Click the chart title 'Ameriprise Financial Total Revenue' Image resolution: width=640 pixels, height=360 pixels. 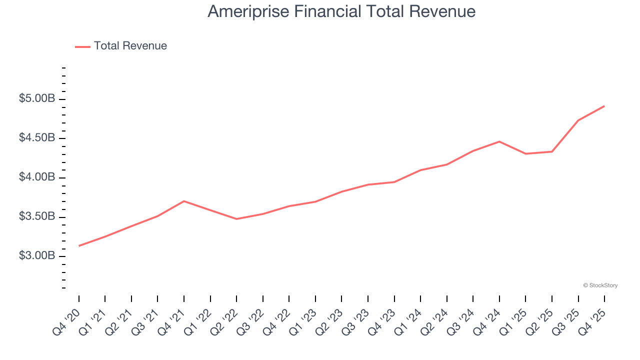[x=341, y=11]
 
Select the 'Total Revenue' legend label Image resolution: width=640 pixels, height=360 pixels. [x=130, y=46]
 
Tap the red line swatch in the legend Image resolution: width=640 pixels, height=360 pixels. [x=82, y=46]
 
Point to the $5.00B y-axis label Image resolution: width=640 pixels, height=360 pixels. [x=37, y=99]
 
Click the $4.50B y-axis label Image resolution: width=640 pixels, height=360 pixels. [x=37, y=138]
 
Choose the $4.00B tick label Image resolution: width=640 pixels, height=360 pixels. [x=37, y=177]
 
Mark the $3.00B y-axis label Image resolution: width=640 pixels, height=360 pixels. [x=37, y=256]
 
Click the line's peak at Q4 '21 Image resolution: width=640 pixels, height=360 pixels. [x=184, y=201]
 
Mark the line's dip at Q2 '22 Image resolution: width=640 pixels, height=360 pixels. [x=236, y=219]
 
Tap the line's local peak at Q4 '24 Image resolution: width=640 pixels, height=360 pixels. [x=499, y=141]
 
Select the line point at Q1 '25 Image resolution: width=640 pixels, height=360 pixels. [x=525, y=153]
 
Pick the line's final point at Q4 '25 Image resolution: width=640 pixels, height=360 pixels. [x=604, y=106]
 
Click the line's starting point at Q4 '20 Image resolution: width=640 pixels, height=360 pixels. [x=79, y=246]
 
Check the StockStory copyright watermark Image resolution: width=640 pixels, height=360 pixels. [x=600, y=285]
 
